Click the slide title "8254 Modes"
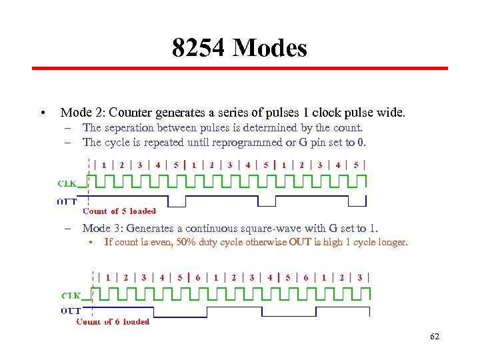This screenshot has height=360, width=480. click(x=239, y=48)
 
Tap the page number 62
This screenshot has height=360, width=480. click(x=435, y=337)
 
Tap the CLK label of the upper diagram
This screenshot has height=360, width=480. click(x=67, y=183)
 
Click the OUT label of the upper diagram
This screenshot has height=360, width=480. click(x=67, y=201)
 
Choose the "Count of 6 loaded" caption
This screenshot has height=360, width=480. click(x=113, y=321)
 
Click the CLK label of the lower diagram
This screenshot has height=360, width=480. click(x=71, y=294)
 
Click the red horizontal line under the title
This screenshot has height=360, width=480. click(x=240, y=68)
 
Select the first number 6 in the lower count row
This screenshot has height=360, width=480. click(x=197, y=277)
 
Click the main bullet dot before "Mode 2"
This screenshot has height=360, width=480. click(x=42, y=113)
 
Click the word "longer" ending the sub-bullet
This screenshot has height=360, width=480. click(x=392, y=242)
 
